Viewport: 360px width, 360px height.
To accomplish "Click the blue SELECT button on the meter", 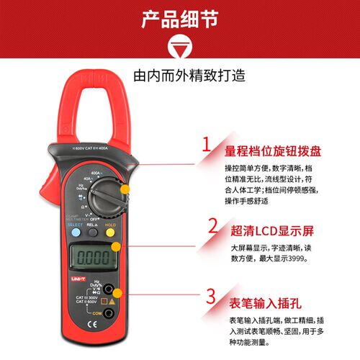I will [75, 233].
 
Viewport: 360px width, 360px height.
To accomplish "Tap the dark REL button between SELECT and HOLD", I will [92, 233].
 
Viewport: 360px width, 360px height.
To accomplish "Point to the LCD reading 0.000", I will [92, 256].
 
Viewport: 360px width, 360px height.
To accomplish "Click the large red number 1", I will [206, 143].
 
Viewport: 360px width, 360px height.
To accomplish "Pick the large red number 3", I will [210, 297].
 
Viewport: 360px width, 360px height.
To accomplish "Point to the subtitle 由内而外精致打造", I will [179, 75].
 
